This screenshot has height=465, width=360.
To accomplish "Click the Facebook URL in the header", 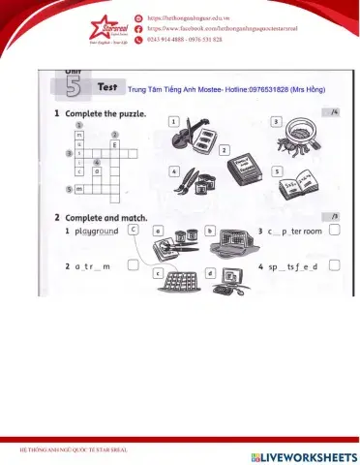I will (234, 29).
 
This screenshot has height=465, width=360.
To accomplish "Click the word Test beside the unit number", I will (107, 86).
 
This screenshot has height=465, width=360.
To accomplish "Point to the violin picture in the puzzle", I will (197, 131).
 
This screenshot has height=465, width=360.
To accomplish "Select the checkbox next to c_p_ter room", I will (334, 231).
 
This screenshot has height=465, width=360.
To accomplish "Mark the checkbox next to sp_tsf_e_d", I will (334, 264).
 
